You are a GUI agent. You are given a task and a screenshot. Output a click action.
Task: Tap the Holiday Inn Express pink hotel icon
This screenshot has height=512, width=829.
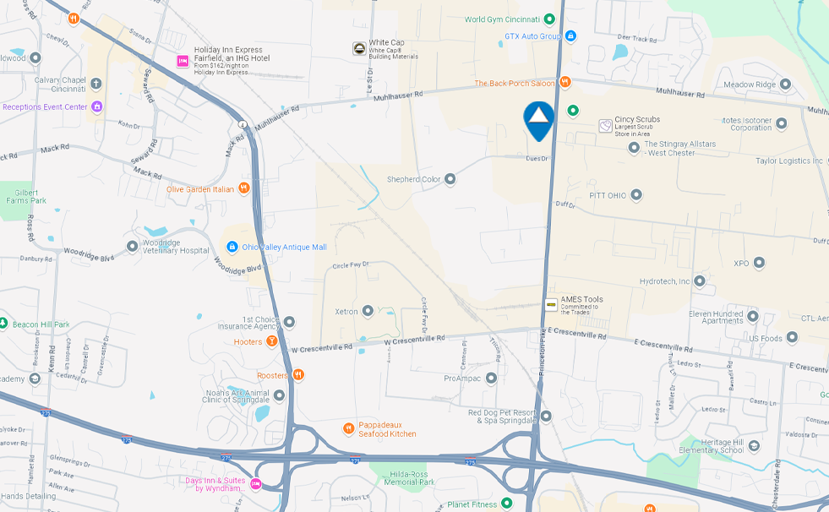[x=182, y=61]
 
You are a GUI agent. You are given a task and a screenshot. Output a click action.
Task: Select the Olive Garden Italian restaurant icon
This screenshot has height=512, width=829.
[x=244, y=188]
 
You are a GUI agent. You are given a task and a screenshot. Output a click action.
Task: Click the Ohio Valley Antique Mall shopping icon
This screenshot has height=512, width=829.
[x=232, y=247]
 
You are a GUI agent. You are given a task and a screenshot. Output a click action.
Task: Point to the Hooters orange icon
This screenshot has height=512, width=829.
[x=271, y=341]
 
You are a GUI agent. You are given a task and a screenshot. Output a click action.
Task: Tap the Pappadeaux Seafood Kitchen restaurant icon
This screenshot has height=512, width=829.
[x=348, y=428]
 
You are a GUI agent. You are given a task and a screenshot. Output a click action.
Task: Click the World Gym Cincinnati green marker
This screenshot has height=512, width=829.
[x=549, y=19]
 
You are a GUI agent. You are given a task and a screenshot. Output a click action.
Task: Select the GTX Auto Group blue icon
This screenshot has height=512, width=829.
[x=571, y=36]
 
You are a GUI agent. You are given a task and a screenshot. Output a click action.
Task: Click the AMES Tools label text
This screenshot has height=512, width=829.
[x=581, y=299]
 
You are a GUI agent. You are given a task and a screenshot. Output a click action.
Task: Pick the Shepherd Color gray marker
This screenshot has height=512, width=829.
[x=450, y=179]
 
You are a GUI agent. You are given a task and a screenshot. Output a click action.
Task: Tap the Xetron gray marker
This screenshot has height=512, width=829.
[x=368, y=311]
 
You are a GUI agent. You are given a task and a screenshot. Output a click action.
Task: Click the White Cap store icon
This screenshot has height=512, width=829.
[x=359, y=48]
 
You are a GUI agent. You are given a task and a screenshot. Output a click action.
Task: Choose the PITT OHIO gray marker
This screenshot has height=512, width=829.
[x=636, y=195]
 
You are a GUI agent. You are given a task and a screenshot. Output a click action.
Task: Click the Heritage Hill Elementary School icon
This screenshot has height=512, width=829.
[x=754, y=445]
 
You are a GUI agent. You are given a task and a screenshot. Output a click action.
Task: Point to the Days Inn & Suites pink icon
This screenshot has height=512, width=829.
[x=255, y=484]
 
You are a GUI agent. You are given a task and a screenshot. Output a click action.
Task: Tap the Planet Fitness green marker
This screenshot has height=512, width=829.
[x=507, y=504]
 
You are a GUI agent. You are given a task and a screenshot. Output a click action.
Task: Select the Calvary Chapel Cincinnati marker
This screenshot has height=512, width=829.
[x=95, y=84]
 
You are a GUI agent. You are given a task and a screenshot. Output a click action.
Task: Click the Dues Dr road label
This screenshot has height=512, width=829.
[x=537, y=158]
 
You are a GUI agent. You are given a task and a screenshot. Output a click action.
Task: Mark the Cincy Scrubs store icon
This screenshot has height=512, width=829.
[x=605, y=125]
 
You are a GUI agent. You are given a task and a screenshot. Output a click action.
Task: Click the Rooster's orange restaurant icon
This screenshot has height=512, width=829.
[x=297, y=375]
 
